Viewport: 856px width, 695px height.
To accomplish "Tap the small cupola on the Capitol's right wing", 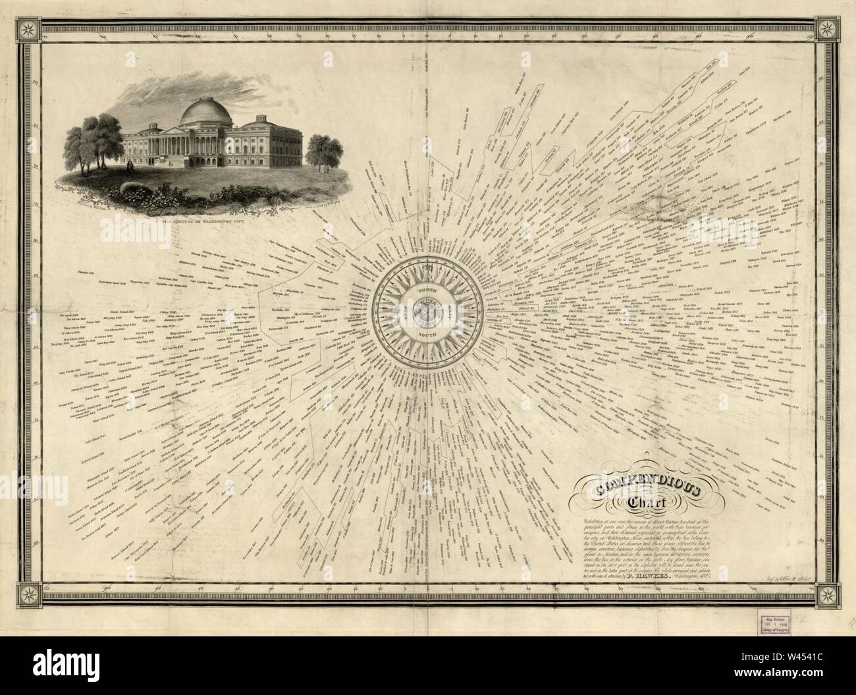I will pyautogui.click(x=253, y=119).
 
